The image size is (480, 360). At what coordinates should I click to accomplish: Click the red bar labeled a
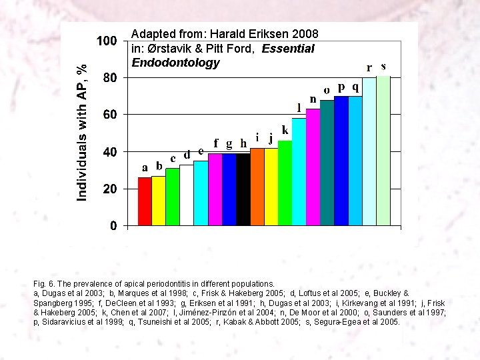click(145, 201)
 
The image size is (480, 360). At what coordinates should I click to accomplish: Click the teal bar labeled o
click(327, 163)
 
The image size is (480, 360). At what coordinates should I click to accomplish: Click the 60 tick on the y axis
click(108, 115)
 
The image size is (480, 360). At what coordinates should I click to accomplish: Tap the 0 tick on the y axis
click(113, 227)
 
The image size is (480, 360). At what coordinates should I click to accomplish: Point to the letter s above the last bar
click(383, 66)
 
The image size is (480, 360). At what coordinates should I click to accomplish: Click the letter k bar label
click(285, 129)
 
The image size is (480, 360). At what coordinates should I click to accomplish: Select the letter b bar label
click(159, 165)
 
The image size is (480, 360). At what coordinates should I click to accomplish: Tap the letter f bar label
click(215, 143)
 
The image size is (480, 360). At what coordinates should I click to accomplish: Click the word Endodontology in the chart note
click(175, 63)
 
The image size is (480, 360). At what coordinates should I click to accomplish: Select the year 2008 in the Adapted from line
click(305, 34)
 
